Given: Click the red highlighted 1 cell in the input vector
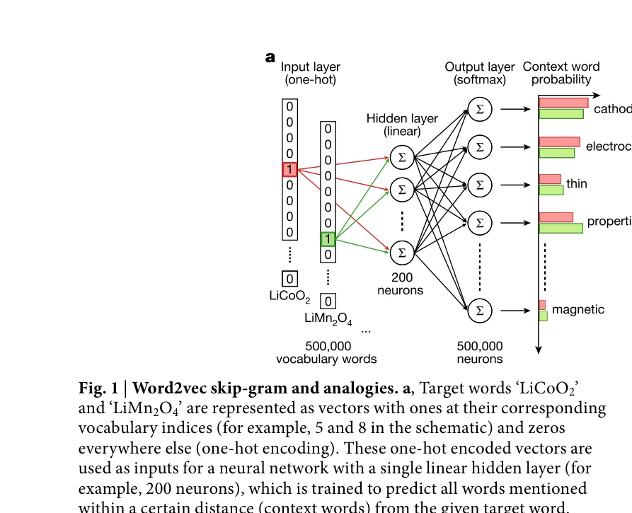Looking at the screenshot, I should click(289, 169).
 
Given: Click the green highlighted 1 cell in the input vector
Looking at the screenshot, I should click(328, 238).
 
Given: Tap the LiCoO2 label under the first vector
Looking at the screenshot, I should click(289, 296).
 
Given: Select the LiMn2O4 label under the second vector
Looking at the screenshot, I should click(328, 318).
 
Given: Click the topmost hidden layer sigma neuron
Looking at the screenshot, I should click(402, 157).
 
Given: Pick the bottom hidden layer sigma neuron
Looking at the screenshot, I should click(402, 251).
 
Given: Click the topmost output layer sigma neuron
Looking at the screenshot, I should click(480, 109).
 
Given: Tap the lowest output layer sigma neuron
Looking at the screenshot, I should click(480, 310).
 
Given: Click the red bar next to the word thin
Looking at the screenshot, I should click(550, 179).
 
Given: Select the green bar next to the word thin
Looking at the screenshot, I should click(551, 190).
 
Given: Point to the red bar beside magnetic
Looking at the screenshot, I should click(542, 305).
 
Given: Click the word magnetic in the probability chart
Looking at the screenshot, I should click(578, 309).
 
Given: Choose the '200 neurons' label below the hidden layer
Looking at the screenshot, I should click(401, 284).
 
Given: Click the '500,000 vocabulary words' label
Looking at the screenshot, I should click(326, 352).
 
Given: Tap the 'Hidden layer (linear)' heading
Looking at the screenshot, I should click(402, 125).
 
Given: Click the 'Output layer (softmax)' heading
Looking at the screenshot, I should click(480, 74).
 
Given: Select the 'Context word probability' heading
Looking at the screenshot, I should click(561, 74).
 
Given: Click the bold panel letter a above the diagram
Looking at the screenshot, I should click(270, 57).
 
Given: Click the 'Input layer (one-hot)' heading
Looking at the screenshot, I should click(311, 74).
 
